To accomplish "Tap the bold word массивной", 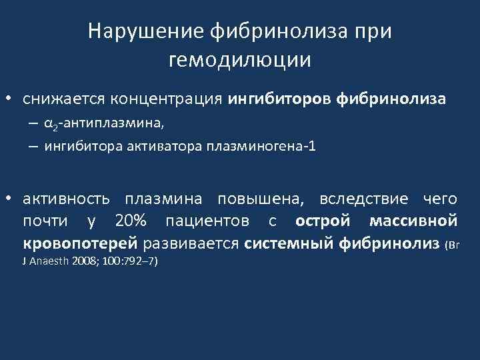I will (x=413, y=221).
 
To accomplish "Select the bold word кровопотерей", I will (x=80, y=243).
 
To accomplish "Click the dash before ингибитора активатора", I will (x=33, y=147).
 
